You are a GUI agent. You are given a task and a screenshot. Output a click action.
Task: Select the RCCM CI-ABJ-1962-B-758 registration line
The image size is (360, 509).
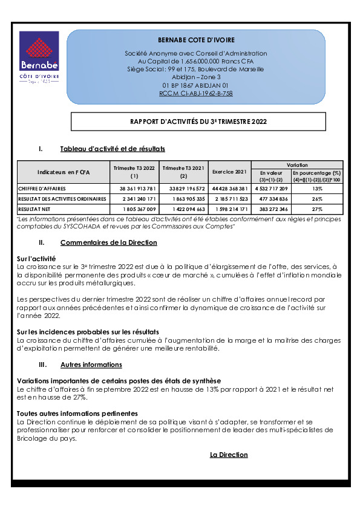[x=195, y=94]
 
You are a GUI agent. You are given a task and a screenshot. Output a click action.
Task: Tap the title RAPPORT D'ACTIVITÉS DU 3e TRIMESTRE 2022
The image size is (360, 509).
[x=198, y=122]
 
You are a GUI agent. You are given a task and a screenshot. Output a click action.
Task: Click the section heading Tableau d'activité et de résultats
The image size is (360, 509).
[x=113, y=149]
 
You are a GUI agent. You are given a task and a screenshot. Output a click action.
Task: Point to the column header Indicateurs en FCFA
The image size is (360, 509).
[x=64, y=172]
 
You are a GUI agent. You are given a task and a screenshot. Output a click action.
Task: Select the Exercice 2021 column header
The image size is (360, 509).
[x=229, y=172]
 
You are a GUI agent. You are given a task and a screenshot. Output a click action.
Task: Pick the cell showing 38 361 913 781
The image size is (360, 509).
[x=134, y=189]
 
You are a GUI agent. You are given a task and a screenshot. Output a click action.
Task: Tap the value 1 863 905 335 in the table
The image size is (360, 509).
[x=183, y=199]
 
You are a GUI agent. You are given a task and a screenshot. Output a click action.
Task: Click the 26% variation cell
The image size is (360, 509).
[x=317, y=199]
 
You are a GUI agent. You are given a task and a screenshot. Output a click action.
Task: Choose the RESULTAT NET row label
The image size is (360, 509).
[x=34, y=209]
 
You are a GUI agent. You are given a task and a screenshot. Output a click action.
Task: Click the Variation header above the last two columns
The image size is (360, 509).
[x=296, y=165]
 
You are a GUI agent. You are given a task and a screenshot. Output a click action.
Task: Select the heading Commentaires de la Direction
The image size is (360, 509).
[x=108, y=242]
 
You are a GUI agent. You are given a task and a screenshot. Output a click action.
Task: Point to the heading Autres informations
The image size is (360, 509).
[x=91, y=365]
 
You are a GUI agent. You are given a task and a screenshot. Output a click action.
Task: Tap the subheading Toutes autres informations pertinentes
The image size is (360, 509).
[x=77, y=413]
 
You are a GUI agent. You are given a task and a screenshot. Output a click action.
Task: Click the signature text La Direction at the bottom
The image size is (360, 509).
[x=229, y=455]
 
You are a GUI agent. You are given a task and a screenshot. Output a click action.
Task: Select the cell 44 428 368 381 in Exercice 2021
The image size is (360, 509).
[x=229, y=189]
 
